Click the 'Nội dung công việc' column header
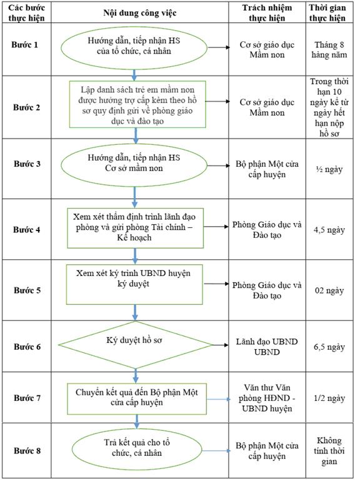pyautogui.click(x=139, y=13)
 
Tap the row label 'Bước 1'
pyautogui.click(x=25, y=45)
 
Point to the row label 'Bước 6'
pyautogui.click(x=27, y=347)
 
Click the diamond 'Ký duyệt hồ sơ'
pyautogui.click(x=135, y=345)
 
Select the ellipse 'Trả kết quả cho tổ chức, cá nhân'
pyautogui.click(x=137, y=448)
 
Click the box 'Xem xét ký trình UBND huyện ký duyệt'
pyautogui.click(x=134, y=284)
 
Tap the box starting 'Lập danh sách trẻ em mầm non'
pyautogui.click(x=137, y=104)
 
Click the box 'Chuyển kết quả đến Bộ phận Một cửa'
pyautogui.click(x=137, y=399)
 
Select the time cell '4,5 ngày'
pyautogui.click(x=329, y=230)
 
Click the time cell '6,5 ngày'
pyautogui.click(x=329, y=347)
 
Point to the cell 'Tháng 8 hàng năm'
pyautogui.click(x=329, y=50)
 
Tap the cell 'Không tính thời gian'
pyautogui.click(x=329, y=451)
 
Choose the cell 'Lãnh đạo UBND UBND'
pyautogui.click(x=267, y=347)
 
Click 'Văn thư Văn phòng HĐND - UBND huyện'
pyautogui.click(x=267, y=398)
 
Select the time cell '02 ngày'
pyautogui.click(x=329, y=291)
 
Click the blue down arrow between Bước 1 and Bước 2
pyautogui.click(x=134, y=76)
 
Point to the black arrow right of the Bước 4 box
pyautogui.click(x=216, y=227)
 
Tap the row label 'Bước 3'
pyautogui.click(x=27, y=164)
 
